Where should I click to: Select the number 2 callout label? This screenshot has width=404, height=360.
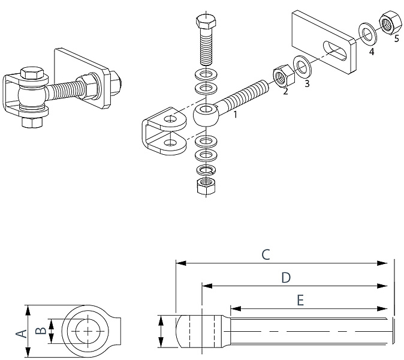click(285, 92)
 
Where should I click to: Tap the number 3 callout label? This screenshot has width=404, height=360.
click(307, 84)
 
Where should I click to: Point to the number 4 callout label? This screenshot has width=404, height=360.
click(372, 52)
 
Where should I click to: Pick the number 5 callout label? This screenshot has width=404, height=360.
click(396, 40)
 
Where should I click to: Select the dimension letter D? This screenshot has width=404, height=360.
click(286, 278)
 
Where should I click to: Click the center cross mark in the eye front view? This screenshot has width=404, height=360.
click(89, 331)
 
